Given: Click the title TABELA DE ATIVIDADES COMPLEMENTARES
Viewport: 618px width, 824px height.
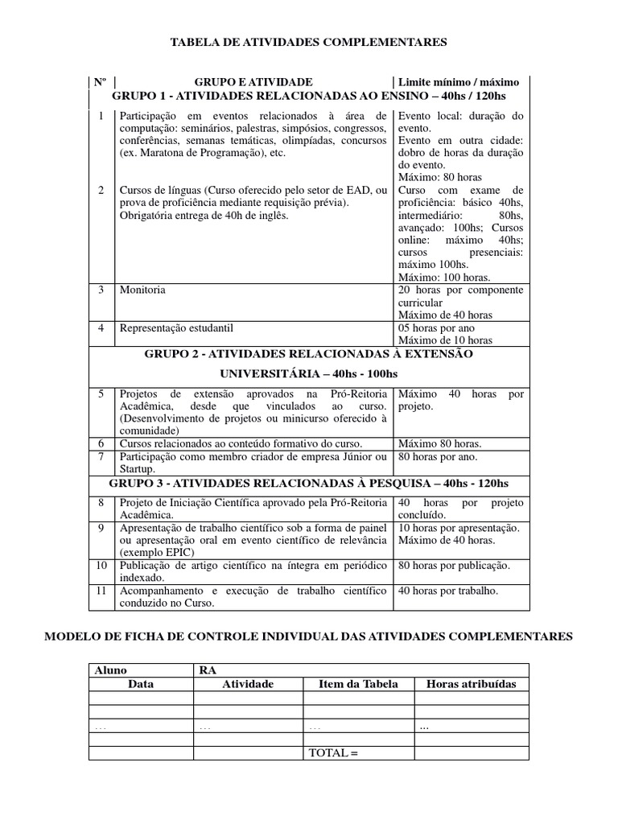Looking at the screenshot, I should point(308,42).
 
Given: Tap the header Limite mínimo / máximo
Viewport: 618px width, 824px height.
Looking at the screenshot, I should point(459,82).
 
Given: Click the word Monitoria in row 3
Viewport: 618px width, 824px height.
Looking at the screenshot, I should point(143,290).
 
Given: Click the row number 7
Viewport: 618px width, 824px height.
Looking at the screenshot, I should point(101,457).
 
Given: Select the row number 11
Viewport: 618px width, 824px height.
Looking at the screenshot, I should point(101,591).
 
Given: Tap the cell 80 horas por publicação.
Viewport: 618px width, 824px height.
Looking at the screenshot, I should point(454,566).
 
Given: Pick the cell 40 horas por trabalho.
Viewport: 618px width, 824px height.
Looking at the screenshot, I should point(448,591).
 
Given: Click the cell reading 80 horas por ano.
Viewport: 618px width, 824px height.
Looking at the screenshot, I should point(438,457).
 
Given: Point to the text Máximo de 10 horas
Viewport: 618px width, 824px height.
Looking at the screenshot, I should point(445,340).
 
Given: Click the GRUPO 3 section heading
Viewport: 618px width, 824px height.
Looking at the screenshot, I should point(308,483).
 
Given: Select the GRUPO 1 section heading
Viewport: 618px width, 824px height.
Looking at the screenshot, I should point(308,96).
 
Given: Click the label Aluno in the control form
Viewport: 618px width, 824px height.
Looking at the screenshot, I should point(111,670).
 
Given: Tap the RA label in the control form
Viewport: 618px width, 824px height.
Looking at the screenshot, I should point(207,670).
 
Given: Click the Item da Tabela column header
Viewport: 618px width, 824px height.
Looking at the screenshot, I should point(358,684).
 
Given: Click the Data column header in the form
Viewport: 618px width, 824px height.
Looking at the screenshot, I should point(141,684).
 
